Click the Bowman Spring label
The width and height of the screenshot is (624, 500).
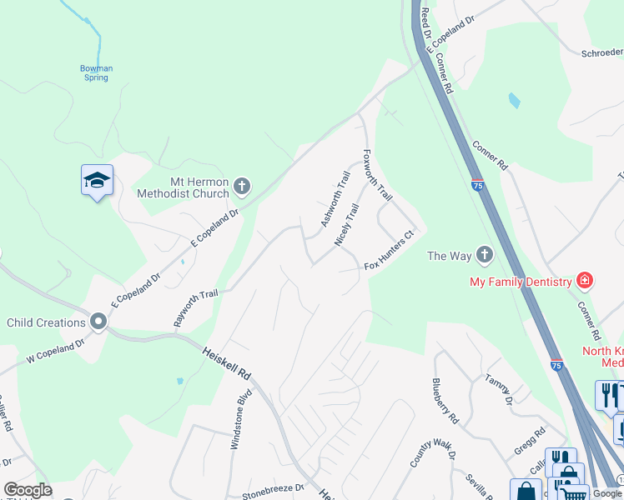95,72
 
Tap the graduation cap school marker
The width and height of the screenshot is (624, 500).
97,180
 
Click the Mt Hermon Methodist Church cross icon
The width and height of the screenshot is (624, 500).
242,186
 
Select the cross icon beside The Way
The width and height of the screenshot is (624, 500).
484,255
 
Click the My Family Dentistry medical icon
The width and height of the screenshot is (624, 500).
585,281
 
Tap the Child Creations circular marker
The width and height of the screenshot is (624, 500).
98,322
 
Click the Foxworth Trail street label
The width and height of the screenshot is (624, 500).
378,175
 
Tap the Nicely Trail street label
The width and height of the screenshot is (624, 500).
347,225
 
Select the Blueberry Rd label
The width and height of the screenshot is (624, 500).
445,399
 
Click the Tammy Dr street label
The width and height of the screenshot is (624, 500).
500,389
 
